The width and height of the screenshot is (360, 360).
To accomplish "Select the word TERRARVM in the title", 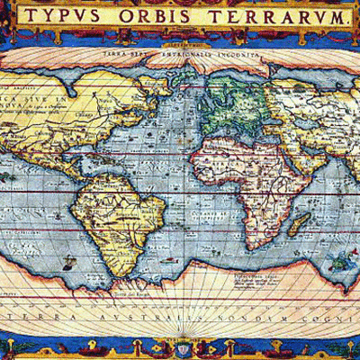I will coord(279,17).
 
